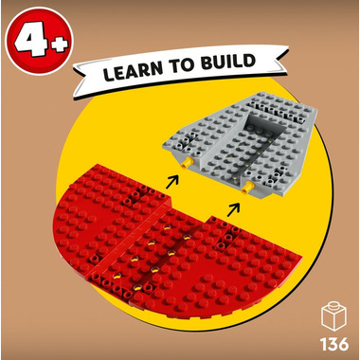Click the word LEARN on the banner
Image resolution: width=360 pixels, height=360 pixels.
[x=133, y=70]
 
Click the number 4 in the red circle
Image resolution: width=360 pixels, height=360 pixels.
[x=31, y=40]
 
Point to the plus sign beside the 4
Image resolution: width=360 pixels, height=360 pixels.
[x=58, y=44]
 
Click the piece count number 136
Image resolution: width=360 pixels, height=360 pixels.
[x=334, y=344]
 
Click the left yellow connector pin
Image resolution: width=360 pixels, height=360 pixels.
[x=187, y=163]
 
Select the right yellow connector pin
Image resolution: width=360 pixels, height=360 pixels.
[x=247, y=188]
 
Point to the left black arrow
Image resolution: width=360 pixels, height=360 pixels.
[x=172, y=181]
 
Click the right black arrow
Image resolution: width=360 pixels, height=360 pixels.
[x=233, y=210]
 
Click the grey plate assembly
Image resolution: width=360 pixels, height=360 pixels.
[x=240, y=142]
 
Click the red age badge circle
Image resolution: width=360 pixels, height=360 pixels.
[x=40, y=41]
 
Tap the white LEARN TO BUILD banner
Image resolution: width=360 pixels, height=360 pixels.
[x=181, y=70]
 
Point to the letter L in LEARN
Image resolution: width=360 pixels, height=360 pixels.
[x=109, y=73]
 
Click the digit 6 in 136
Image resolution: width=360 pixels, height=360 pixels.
[x=343, y=344]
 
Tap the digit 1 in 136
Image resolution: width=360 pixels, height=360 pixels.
[x=323, y=344]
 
